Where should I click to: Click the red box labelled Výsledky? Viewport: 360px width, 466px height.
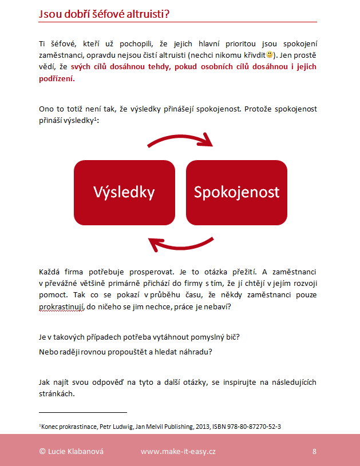(124, 192)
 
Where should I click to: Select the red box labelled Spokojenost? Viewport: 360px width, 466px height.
(236, 192)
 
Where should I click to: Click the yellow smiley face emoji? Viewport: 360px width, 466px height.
(270, 55)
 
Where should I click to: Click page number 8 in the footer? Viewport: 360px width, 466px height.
(314, 451)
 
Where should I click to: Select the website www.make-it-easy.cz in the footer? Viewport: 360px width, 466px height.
(178, 451)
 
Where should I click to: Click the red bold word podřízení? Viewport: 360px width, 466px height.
(56, 79)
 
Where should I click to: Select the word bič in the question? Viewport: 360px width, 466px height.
(231, 337)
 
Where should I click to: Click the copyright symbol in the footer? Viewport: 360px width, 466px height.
(42, 451)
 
